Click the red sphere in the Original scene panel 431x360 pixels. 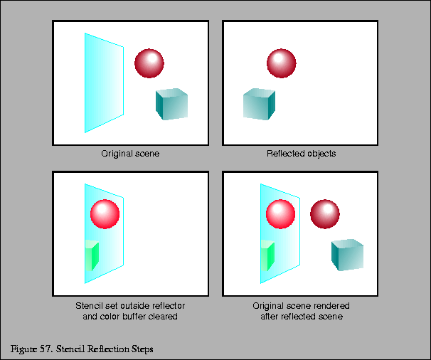[149, 63]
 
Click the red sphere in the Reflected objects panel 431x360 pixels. [281, 63]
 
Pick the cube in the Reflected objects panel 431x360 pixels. [258, 104]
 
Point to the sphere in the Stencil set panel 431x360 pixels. [105, 213]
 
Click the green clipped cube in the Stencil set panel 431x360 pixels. [91, 256]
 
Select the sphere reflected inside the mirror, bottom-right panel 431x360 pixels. [280, 213]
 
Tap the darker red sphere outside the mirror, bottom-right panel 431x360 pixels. [326, 213]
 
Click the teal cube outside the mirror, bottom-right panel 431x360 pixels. [347, 255]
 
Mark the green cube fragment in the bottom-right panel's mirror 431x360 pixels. [267, 256]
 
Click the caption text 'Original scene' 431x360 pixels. [130, 154]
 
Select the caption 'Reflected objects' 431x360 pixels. [301, 154]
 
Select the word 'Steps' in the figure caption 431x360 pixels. [141, 349]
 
